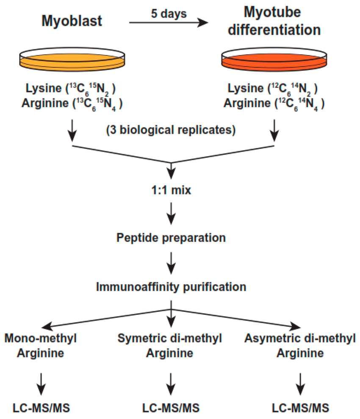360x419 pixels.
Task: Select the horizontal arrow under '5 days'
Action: click(169, 24)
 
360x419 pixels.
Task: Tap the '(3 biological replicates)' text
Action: click(171, 130)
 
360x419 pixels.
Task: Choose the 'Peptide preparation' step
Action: click(171, 238)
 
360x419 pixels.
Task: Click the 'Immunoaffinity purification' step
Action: click(171, 287)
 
